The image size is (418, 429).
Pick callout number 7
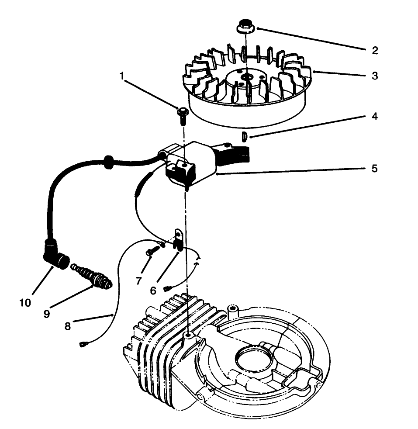139,281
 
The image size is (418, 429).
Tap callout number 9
47,313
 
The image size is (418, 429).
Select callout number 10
25,303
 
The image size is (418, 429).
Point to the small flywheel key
245,137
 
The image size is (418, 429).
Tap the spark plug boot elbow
55,257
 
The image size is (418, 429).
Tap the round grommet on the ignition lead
107,162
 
